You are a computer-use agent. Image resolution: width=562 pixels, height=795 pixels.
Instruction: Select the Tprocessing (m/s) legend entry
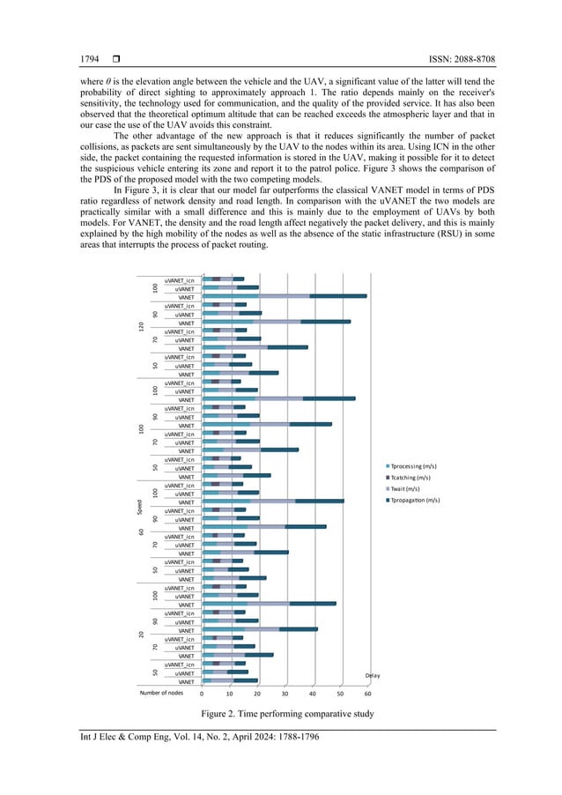click(416, 465)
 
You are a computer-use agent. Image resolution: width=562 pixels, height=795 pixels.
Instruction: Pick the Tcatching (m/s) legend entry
click(414, 477)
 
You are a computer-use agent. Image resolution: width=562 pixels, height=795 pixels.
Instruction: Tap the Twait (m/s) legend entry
click(410, 488)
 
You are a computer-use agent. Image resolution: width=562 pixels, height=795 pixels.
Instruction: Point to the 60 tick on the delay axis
click(367, 694)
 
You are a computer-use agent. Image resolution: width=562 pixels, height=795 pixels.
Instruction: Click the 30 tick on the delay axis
click(285, 694)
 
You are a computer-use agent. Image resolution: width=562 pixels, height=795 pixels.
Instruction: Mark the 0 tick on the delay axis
click(203, 694)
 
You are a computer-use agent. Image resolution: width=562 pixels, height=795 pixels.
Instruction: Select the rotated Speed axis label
click(139, 509)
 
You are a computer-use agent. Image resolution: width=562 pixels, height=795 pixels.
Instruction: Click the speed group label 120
click(139, 327)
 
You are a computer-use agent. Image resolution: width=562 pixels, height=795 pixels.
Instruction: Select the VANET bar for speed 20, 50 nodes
click(230, 681)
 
